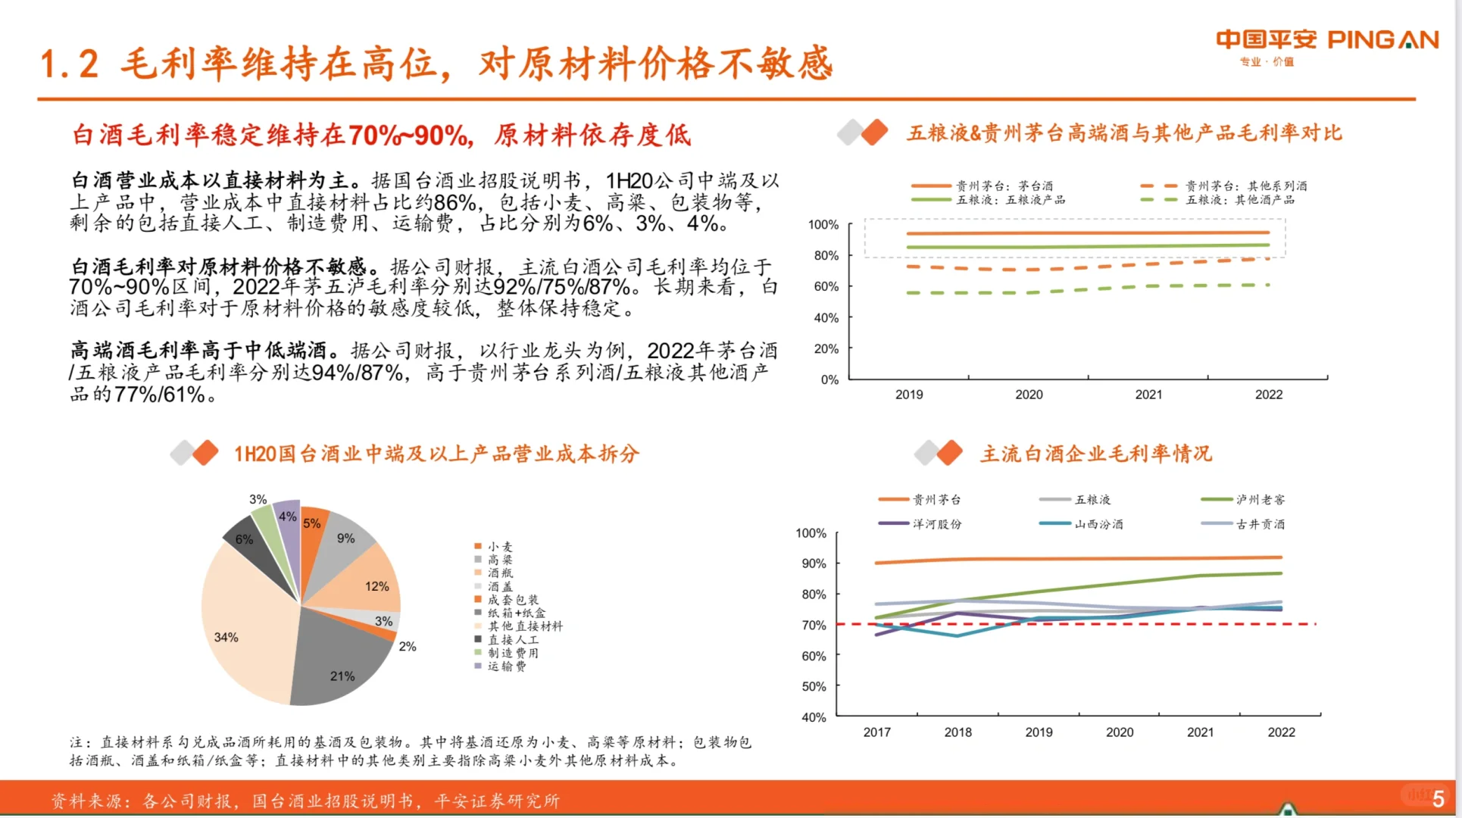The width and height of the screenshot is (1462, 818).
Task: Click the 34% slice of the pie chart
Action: pos(242,629)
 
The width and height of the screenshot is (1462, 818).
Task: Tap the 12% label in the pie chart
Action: pos(376,586)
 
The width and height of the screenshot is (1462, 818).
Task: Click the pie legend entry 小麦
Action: pos(499,546)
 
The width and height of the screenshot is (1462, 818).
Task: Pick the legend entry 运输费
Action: pos(506,666)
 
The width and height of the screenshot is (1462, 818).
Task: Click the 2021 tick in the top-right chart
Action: pos(1148,395)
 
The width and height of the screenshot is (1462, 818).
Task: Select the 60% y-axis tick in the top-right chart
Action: pos(826,286)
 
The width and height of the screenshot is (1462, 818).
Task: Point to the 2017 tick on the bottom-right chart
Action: pos(876,732)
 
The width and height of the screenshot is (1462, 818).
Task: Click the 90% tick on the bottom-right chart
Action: pos(814,564)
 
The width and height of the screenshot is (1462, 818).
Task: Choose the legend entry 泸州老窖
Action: pos(1260,500)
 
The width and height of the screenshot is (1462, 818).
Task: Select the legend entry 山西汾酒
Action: pos(1098,524)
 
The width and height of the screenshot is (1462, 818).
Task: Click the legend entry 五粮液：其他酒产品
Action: pos(1239,200)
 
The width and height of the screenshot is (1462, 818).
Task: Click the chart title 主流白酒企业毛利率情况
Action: pos(1095,454)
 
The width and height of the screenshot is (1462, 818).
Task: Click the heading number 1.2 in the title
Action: pos(69,64)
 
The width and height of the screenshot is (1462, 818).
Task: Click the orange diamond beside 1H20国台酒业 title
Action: pos(205,453)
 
